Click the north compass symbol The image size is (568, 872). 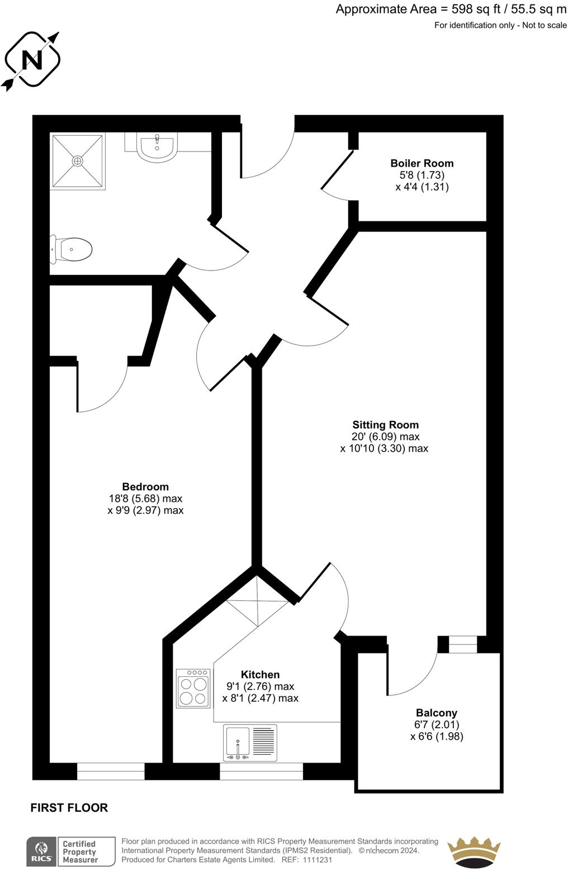pyautogui.click(x=32, y=60)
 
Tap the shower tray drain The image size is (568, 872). pyautogui.click(x=77, y=161)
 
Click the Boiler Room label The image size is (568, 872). pyautogui.click(x=422, y=163)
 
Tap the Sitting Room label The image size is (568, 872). pyautogui.click(x=385, y=425)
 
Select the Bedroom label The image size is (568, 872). pyautogui.click(x=145, y=487)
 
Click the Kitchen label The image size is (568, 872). pyautogui.click(x=260, y=675)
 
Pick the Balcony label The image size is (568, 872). pyautogui.click(x=436, y=713)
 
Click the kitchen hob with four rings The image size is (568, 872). pyautogui.click(x=193, y=689)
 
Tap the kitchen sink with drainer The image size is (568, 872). pyautogui.click(x=250, y=743)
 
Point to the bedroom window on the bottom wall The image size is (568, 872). pyautogui.click(x=111, y=772)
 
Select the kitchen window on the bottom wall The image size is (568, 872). pyautogui.click(x=261, y=772)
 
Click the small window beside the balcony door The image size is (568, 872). pyautogui.click(x=463, y=644)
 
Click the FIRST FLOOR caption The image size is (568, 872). pyautogui.click(x=69, y=808)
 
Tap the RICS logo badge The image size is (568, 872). pyautogui.click(x=41, y=851)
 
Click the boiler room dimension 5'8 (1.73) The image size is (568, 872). pyautogui.click(x=422, y=175)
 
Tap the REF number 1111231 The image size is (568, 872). pyautogui.click(x=317, y=860)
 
